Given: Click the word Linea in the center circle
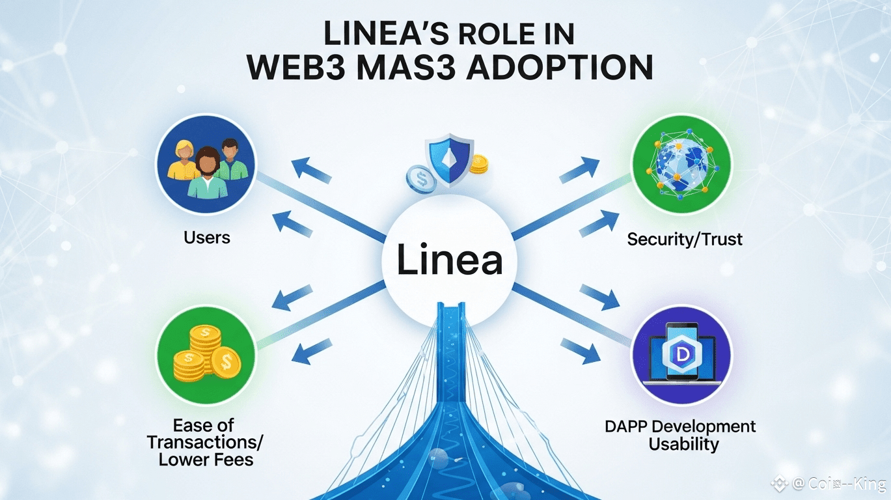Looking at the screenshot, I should coord(449,261).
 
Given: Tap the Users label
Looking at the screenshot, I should coord(207,238).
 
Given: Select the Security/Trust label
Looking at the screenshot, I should coord(685,240).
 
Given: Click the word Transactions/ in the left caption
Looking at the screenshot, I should coord(205,443).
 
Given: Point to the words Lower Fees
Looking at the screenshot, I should coord(206,460).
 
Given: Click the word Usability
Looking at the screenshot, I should coord(683,445).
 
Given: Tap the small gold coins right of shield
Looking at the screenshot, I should coord(478,165).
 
